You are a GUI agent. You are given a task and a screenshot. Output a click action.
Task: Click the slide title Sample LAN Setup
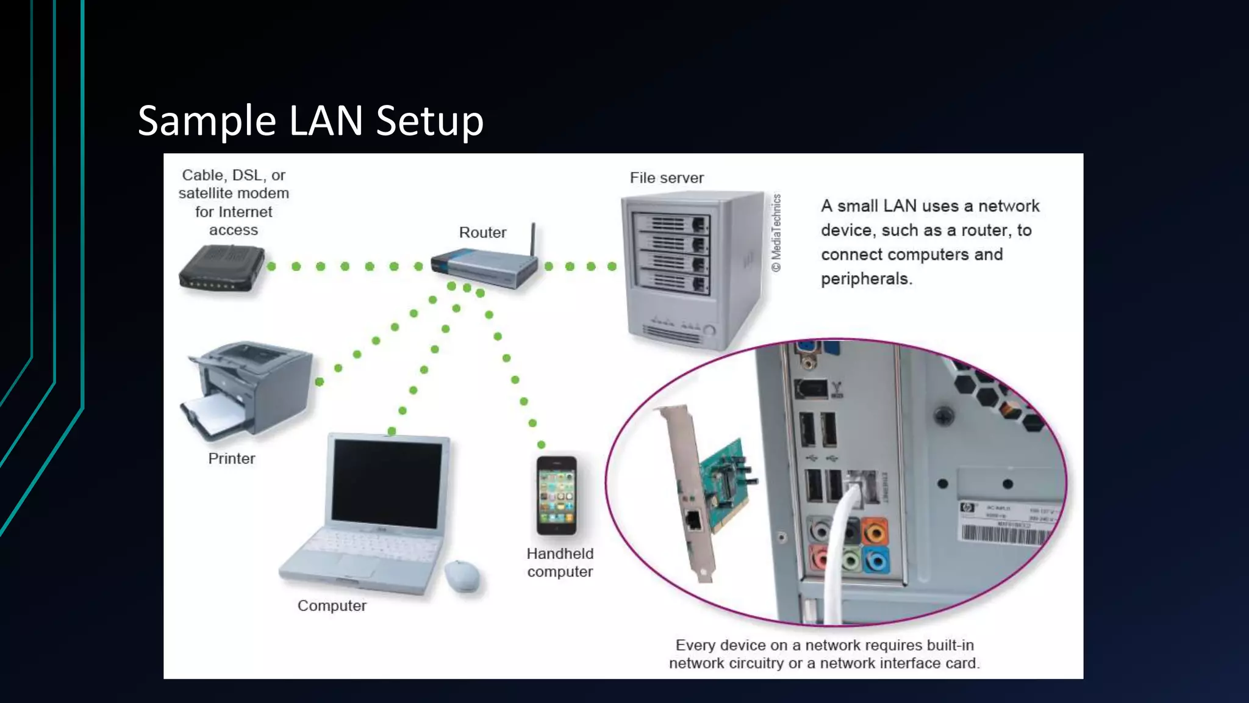coord(310,120)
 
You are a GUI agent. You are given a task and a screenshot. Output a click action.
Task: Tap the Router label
coord(482,233)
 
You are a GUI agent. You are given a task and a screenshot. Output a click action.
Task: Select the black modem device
coord(222,269)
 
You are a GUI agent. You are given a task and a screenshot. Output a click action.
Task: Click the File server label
coord(667,178)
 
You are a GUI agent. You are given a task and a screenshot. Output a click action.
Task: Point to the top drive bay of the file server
coord(670,223)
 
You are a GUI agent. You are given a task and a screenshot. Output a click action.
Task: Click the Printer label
coord(231,459)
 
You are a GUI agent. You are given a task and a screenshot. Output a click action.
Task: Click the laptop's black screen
coord(387,483)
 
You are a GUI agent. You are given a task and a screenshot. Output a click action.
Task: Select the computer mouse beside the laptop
coord(462,575)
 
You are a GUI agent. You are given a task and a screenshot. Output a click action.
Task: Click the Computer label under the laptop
coord(332,606)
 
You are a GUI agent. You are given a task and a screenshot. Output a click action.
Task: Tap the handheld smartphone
coord(556,495)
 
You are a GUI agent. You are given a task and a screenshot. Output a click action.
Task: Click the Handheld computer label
coord(560,563)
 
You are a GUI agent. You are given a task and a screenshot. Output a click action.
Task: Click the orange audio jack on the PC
coord(875,533)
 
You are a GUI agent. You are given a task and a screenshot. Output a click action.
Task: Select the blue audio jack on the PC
coord(876,560)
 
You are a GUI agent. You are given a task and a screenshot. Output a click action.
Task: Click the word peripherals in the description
coord(865,279)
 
